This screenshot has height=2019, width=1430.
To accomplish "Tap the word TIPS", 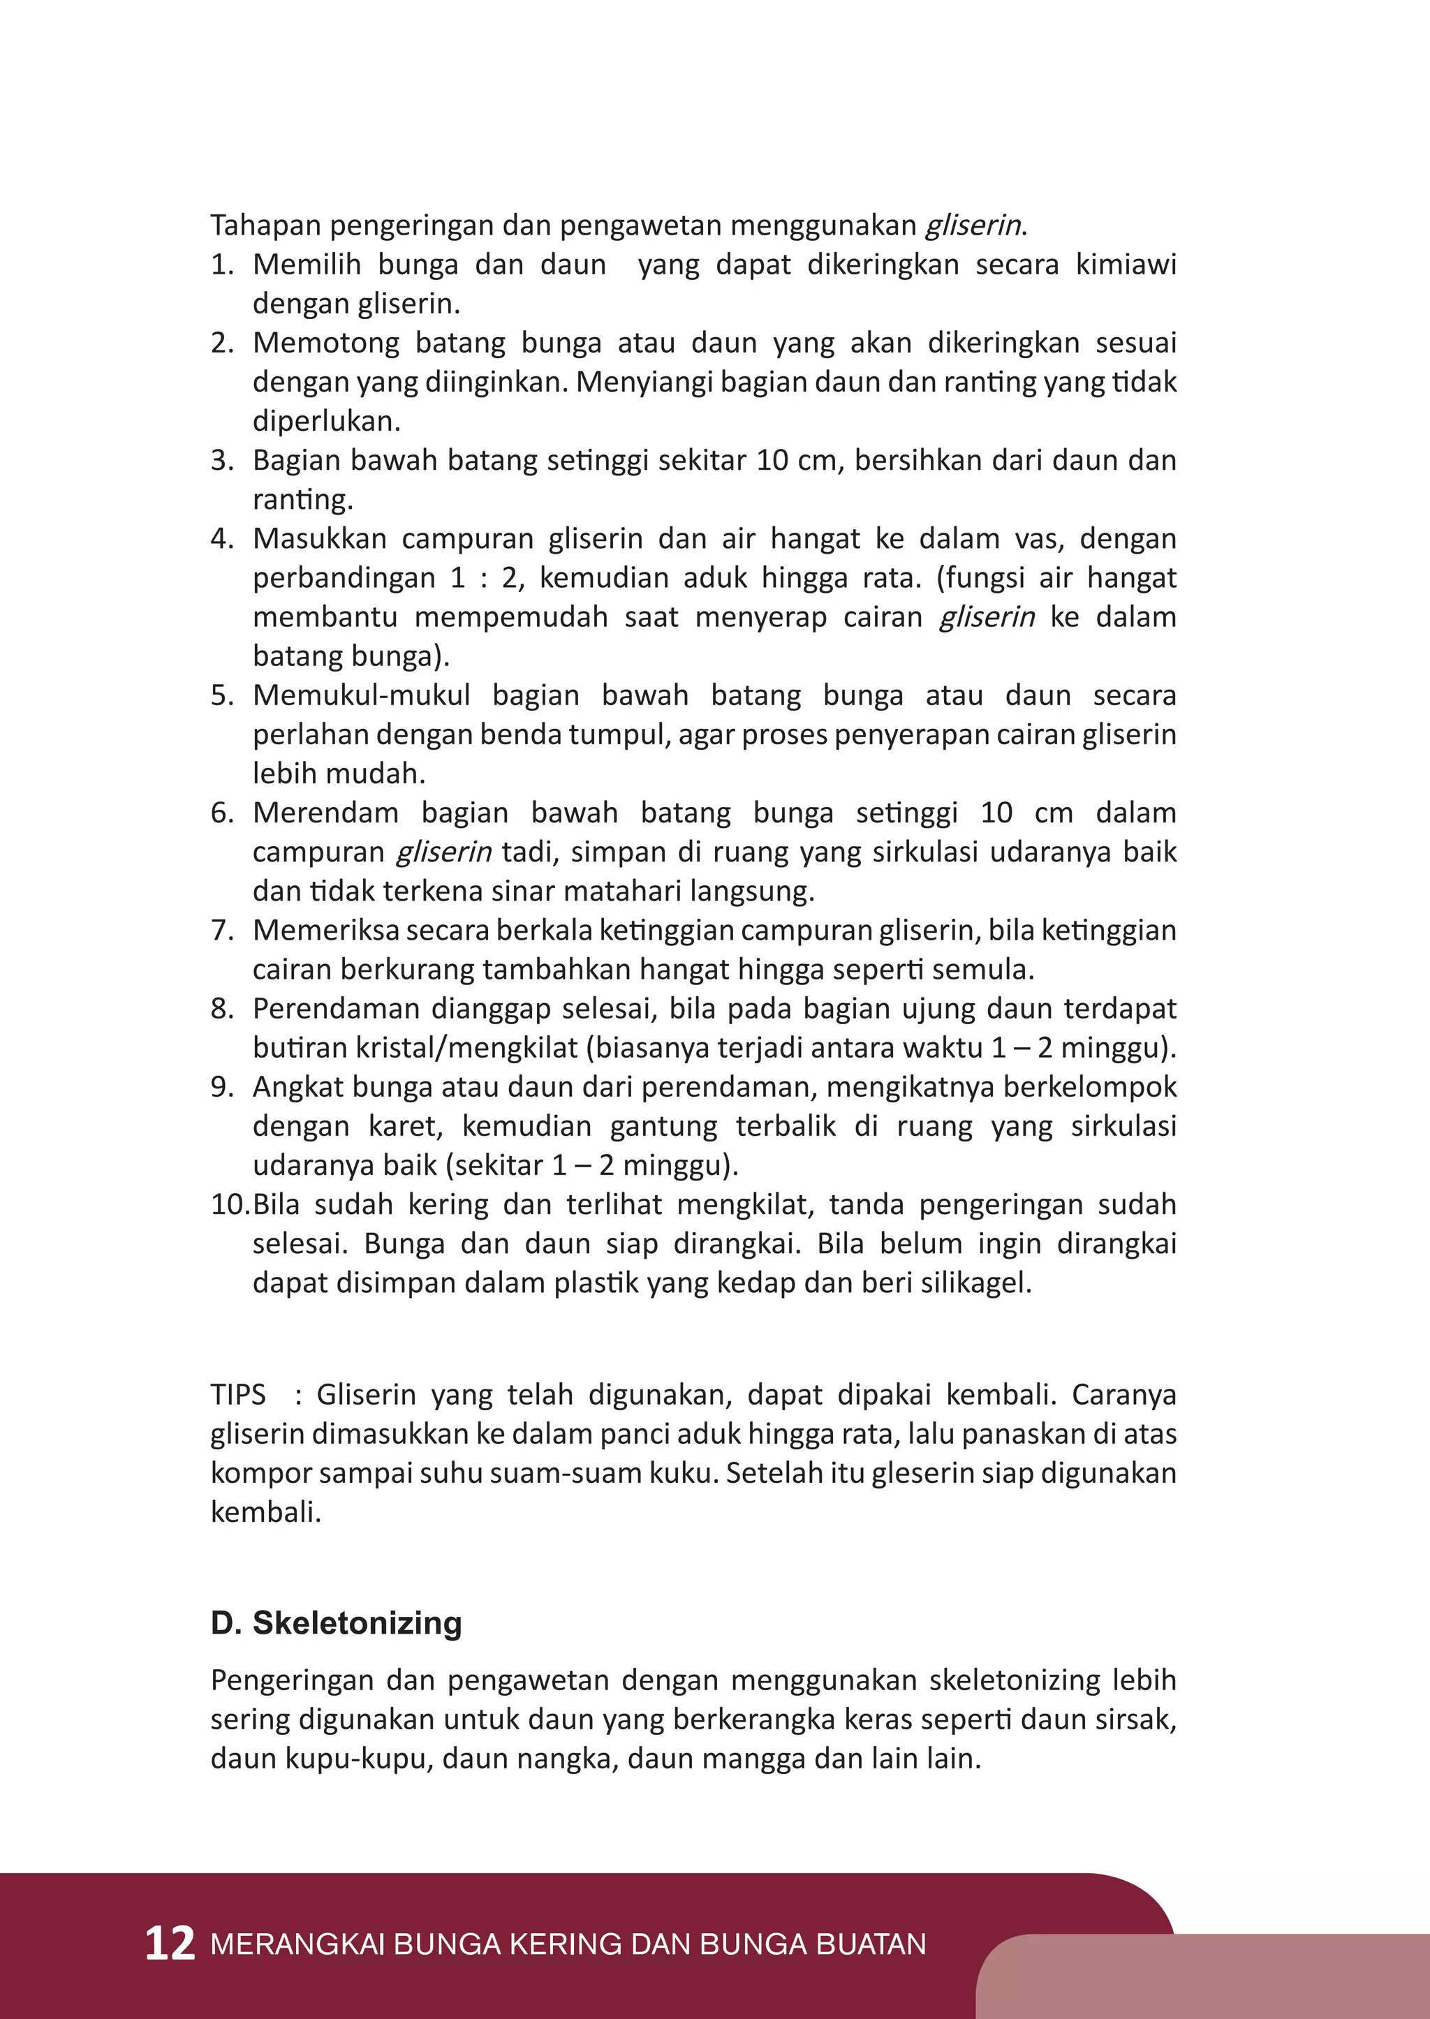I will coord(237,1395).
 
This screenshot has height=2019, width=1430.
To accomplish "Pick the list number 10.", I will coord(229,1204).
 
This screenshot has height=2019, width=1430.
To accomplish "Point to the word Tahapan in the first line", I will coord(265,225).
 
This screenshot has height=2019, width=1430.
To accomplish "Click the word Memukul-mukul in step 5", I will coord(361,695).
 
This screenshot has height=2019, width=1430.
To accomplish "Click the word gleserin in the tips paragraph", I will coord(924,1473).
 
